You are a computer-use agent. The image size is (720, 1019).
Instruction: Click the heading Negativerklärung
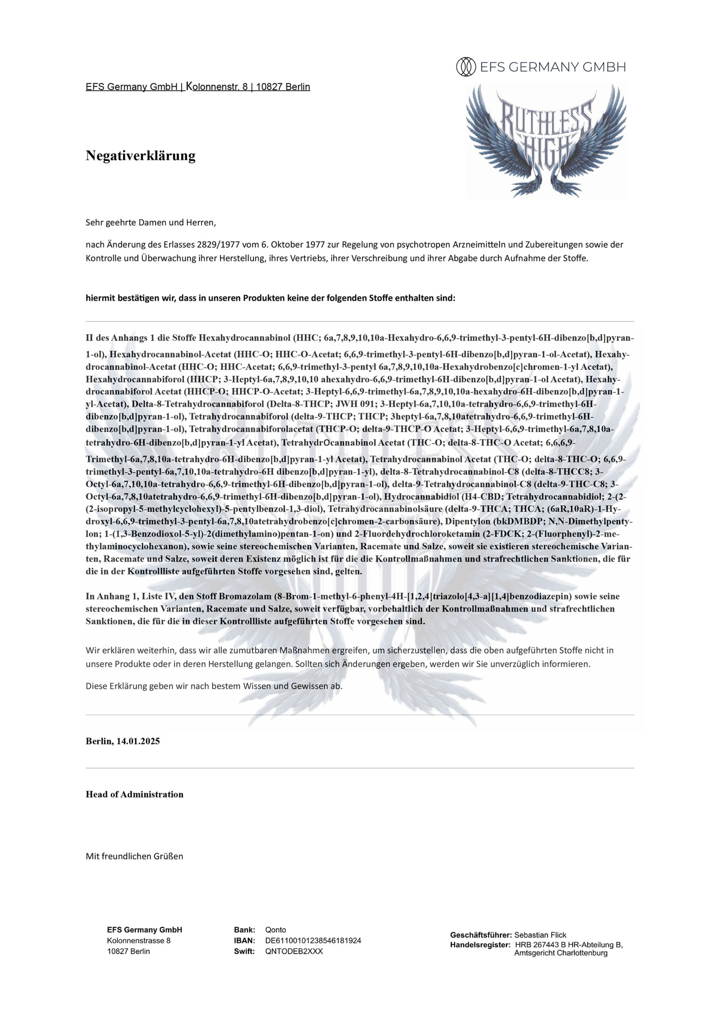click(140, 156)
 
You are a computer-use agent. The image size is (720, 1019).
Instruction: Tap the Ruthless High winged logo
click(546, 141)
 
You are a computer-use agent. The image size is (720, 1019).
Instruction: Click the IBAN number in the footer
click(313, 941)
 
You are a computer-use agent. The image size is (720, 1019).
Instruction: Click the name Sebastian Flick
click(540, 935)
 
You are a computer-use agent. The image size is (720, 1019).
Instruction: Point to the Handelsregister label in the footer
click(480, 945)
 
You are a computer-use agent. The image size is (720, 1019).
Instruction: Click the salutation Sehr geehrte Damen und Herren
click(150, 223)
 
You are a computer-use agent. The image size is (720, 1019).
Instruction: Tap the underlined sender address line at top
click(197, 87)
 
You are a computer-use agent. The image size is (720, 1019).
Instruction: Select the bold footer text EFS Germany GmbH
click(144, 930)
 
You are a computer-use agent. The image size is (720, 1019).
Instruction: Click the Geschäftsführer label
click(481, 935)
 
